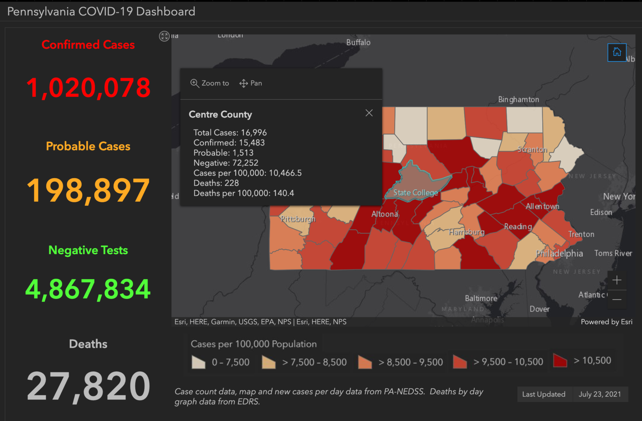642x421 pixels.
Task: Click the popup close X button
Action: (x=369, y=113)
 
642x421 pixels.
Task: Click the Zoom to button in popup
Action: (x=210, y=83)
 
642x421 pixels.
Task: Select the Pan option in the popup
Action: (x=250, y=83)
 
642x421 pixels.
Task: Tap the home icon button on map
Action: (x=617, y=52)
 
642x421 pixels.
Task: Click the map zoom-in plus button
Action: (x=617, y=280)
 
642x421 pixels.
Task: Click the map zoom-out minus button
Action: (x=617, y=299)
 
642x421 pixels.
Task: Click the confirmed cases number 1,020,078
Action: (x=88, y=87)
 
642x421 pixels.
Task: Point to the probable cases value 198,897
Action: (x=88, y=190)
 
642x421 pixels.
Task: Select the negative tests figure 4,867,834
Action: (x=88, y=289)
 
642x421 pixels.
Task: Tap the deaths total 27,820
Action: (x=88, y=386)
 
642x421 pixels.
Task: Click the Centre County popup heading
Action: (x=220, y=115)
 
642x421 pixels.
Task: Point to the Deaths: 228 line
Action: (x=216, y=183)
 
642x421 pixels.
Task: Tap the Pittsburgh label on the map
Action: (x=298, y=219)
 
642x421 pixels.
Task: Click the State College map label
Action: (x=415, y=193)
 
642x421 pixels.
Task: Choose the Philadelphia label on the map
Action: (x=559, y=253)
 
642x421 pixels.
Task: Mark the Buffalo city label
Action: (x=358, y=42)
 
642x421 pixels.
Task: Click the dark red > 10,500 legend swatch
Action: (x=560, y=361)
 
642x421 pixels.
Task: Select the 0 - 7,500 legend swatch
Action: (x=199, y=362)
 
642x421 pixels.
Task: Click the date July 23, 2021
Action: (x=600, y=394)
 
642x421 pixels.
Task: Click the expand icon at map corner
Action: (x=164, y=36)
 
